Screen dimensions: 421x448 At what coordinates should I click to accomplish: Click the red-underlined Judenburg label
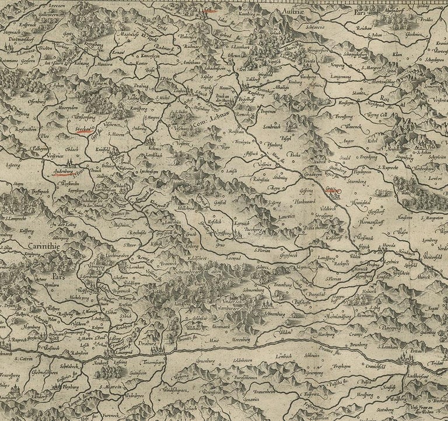click(x=61, y=173)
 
